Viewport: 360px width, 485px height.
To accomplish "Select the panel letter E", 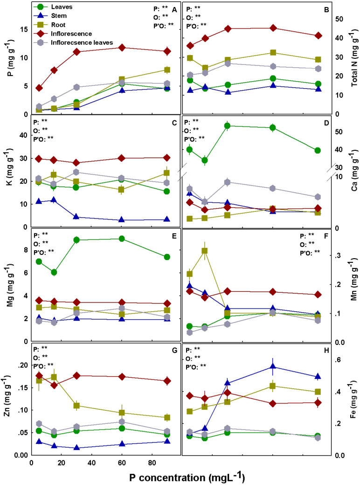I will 173,236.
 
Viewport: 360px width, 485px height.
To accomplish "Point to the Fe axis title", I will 353,399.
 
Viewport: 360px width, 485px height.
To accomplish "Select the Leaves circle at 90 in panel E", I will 167,257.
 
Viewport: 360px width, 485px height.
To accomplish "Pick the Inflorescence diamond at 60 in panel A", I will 122,48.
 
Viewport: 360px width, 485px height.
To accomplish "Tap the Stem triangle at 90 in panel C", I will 167,219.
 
